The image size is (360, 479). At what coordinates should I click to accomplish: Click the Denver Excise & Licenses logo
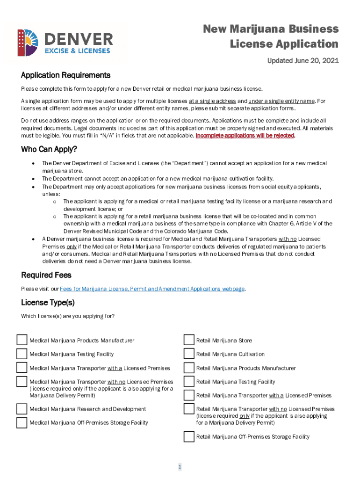pyautogui.click(x=65, y=43)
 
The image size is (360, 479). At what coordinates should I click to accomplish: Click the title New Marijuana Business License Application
pyautogui.click(x=271, y=36)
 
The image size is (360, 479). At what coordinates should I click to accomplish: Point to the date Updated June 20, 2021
pyautogui.click(x=302, y=61)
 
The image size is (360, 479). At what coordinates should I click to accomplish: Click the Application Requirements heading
pyautogui.click(x=65, y=75)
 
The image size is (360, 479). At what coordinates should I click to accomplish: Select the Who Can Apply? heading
pyautogui.click(x=49, y=149)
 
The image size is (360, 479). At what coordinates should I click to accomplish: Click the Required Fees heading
pyautogui.click(x=46, y=275)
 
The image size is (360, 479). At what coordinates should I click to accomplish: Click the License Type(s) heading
pyautogui.click(x=48, y=302)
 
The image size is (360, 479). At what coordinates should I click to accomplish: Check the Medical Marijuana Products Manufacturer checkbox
pyautogui.click(x=22, y=340)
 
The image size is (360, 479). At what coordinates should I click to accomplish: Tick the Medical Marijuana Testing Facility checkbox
pyautogui.click(x=22, y=354)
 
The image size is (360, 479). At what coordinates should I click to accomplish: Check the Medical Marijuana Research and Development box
pyautogui.click(x=22, y=409)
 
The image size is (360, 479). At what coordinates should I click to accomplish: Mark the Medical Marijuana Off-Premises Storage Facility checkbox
pyautogui.click(x=22, y=423)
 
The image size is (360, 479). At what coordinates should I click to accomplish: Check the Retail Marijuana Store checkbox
pyautogui.click(x=188, y=340)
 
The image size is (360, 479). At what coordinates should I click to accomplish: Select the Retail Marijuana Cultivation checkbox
pyautogui.click(x=188, y=354)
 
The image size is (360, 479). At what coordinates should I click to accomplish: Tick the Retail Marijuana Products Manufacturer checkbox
pyautogui.click(x=188, y=368)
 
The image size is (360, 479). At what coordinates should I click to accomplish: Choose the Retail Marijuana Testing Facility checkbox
pyautogui.click(x=188, y=381)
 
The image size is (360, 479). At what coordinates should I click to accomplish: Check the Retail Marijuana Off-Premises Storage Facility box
pyautogui.click(x=188, y=436)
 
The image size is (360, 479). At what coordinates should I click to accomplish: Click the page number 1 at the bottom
pyautogui.click(x=180, y=467)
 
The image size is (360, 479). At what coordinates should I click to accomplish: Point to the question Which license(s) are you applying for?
pyautogui.click(x=68, y=316)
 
